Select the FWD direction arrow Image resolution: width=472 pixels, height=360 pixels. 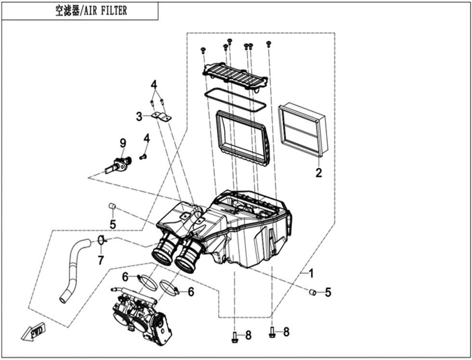(x=32, y=333)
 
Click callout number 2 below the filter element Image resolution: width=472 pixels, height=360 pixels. (x=318, y=173)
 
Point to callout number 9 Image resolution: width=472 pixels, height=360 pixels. (x=123, y=142)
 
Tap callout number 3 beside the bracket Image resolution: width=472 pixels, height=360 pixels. (x=139, y=116)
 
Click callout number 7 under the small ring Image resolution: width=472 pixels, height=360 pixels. (x=101, y=260)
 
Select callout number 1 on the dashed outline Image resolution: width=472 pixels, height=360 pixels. (x=311, y=273)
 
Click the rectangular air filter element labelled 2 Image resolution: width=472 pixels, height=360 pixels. (x=303, y=130)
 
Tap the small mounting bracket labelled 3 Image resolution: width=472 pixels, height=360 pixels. (x=162, y=116)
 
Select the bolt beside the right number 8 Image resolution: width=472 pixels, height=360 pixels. (x=272, y=332)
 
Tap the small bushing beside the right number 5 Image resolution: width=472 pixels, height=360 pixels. (x=312, y=292)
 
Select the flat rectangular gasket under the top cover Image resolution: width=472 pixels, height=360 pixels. (x=235, y=100)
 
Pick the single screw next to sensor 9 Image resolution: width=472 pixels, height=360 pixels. (x=143, y=156)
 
